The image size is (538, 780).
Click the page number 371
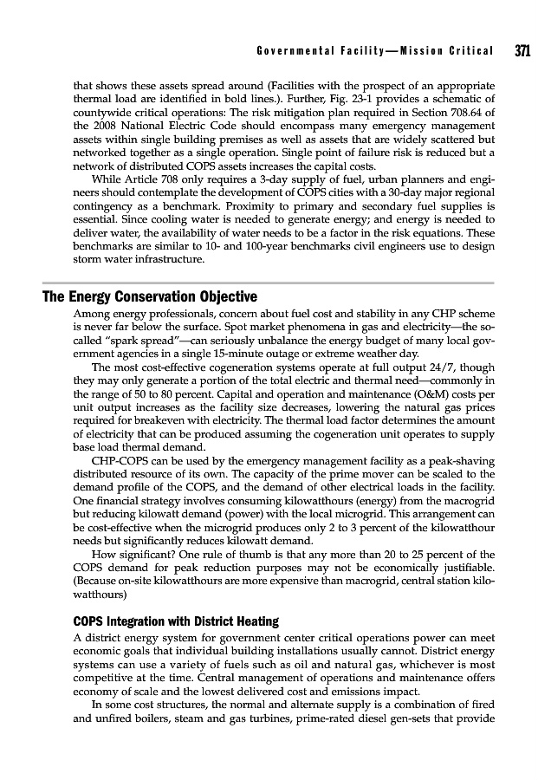pos(522,51)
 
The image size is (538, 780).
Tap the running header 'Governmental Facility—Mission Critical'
pos(375,52)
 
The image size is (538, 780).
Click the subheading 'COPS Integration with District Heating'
pos(178,621)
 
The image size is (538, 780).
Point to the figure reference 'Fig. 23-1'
pos(356,100)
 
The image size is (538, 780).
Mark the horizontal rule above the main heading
pos(269,283)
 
